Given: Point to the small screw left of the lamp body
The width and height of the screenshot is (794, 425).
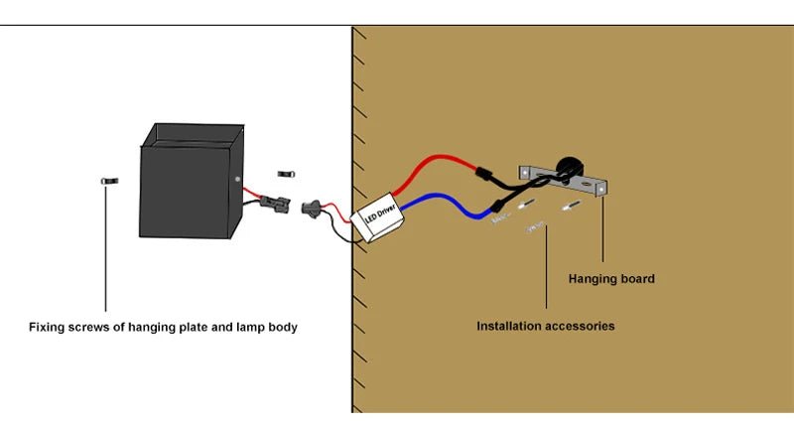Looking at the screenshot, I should point(108,181).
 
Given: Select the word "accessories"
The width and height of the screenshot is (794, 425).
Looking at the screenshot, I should point(581,326).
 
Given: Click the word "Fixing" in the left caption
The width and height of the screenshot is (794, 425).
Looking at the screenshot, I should point(48,327).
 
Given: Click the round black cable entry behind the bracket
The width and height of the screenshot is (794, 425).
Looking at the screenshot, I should point(567,167).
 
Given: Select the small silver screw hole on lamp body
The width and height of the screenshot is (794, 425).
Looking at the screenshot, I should point(237,179).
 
